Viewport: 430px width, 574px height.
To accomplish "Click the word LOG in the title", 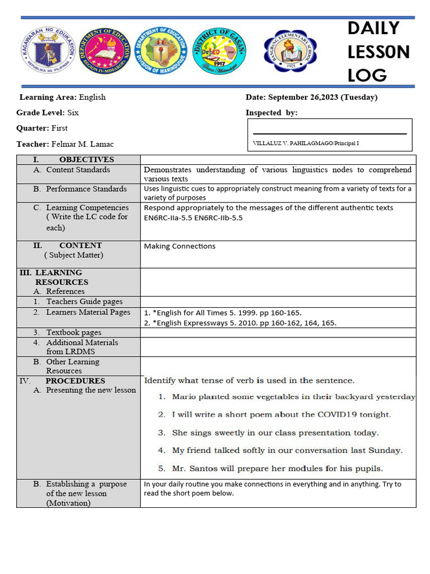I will (367, 76).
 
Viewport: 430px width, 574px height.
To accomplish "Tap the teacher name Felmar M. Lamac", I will (82, 145).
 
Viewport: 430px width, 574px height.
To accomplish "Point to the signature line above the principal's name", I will (329, 134).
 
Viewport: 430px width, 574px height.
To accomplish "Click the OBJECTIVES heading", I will (86, 160).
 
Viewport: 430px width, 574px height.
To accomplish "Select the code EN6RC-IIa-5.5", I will (167, 217).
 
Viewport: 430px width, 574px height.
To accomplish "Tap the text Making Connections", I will (180, 246).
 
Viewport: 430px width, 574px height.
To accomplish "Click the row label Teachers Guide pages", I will (84, 302).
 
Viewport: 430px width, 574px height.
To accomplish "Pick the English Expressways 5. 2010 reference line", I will (240, 323).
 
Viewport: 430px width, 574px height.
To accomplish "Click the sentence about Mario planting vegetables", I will (293, 397).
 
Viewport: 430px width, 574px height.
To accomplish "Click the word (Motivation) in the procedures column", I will (68, 503).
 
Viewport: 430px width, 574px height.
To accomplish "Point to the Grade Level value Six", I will (73, 113).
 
